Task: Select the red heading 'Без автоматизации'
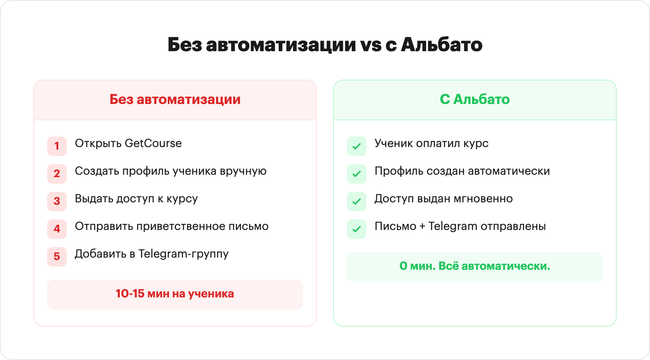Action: pos(175,99)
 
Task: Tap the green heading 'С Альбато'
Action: pos(475,99)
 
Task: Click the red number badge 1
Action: pos(57,146)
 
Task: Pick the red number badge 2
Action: pos(57,173)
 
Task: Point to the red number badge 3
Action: pos(57,201)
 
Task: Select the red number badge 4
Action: pos(57,229)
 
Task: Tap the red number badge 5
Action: pos(57,256)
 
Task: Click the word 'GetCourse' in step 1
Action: pos(153,143)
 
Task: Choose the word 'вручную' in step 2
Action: pos(243,171)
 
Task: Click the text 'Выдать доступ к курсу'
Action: pos(136,199)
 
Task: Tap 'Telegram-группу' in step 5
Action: pos(183,254)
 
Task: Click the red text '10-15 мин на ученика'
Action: pos(175,294)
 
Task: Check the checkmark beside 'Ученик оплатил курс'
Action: pos(357,146)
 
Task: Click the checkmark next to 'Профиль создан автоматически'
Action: pos(357,173)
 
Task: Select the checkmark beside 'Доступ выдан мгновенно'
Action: pos(357,201)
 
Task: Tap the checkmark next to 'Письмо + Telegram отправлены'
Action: pos(357,229)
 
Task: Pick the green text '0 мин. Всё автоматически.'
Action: pos(475,266)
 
